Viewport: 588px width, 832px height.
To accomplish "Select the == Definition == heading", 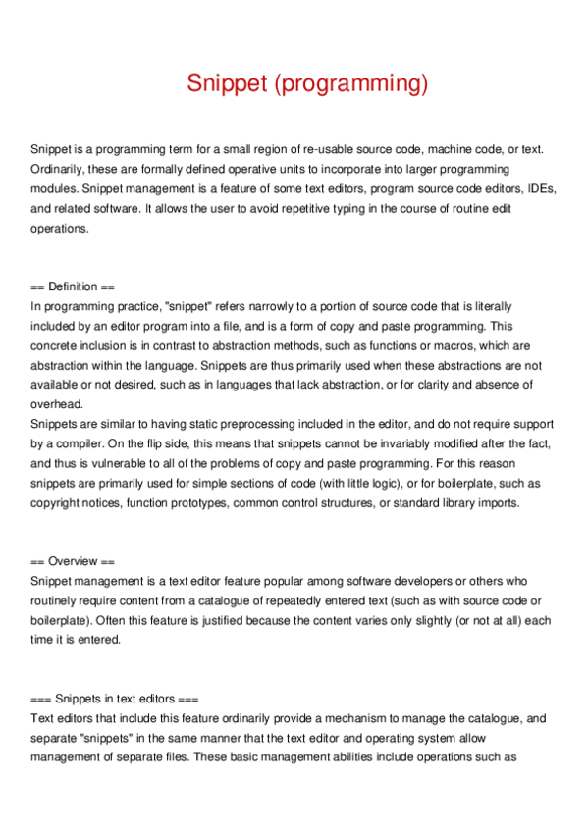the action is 73,286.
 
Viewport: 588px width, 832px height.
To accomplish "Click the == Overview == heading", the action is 73,561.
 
